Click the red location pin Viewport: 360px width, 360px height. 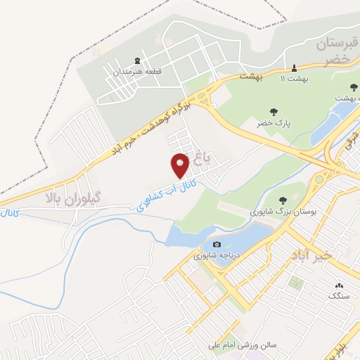point(181,165)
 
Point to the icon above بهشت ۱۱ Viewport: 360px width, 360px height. point(295,68)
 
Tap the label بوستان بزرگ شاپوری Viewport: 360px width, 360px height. point(279,212)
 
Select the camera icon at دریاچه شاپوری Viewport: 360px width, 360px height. point(207,244)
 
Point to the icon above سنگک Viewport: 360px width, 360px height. point(340,286)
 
